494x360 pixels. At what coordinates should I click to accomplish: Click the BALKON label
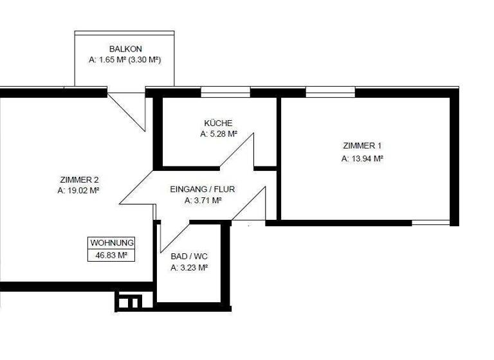click(x=125, y=49)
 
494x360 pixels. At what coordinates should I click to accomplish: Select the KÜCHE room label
click(x=218, y=123)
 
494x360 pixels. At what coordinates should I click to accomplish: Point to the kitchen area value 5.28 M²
click(x=218, y=134)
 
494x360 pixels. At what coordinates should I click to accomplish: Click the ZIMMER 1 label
click(x=362, y=146)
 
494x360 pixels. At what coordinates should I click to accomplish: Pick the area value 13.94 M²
click(x=362, y=157)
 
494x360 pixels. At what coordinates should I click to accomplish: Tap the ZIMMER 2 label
click(x=78, y=180)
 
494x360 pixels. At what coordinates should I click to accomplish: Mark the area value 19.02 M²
click(x=78, y=191)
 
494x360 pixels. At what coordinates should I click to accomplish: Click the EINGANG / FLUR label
click(x=203, y=189)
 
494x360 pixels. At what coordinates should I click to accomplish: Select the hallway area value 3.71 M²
click(x=203, y=200)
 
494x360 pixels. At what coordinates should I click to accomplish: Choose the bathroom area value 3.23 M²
click(x=189, y=267)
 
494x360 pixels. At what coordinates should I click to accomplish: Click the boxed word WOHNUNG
click(x=111, y=243)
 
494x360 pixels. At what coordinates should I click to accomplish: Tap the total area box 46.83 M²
click(x=111, y=255)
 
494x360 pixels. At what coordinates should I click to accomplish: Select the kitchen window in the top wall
click(x=225, y=93)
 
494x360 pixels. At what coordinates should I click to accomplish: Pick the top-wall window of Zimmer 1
click(x=330, y=93)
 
